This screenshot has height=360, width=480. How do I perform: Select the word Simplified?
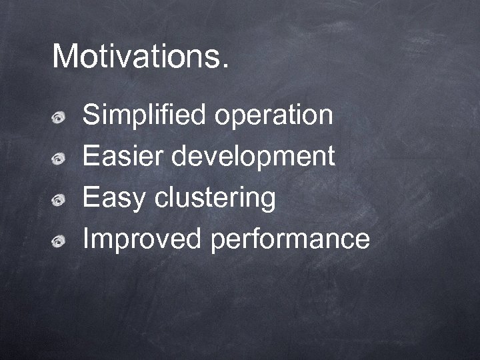(144, 116)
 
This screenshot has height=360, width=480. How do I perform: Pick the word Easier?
(123, 157)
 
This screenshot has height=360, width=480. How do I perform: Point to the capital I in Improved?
(85, 239)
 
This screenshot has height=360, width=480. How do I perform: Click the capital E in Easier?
(91, 157)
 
